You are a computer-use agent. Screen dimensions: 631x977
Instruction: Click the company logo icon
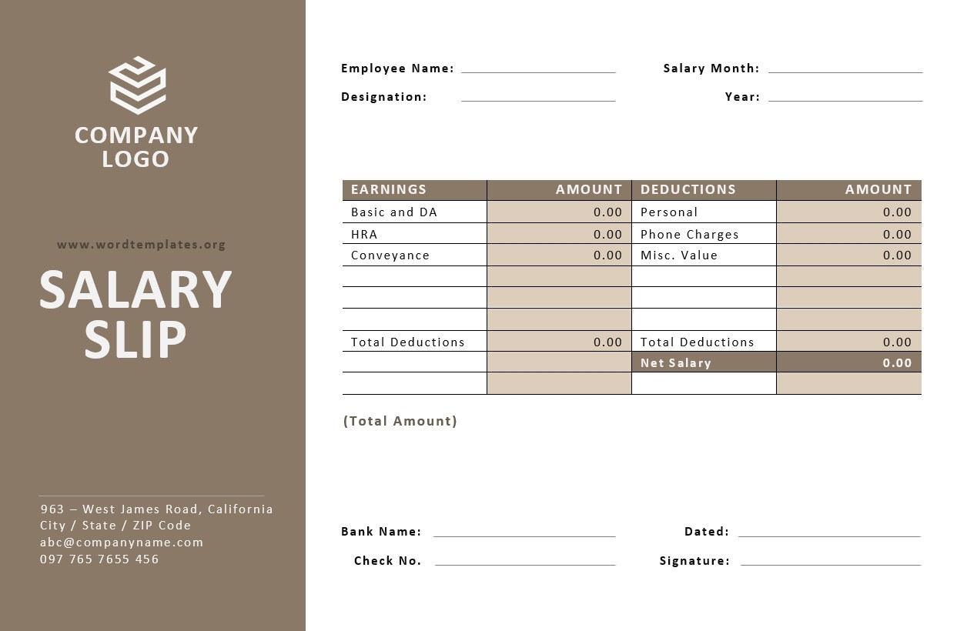pos(137,84)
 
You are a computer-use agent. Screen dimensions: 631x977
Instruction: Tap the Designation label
pos(383,97)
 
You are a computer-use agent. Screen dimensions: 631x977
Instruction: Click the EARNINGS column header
pos(389,189)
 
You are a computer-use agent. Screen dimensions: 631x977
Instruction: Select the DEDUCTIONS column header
pos(688,189)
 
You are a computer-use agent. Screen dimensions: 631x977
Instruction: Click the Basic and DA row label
pos(394,212)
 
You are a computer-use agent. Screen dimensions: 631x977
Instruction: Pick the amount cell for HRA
pos(559,234)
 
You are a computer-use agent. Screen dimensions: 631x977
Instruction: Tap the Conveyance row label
pos(390,255)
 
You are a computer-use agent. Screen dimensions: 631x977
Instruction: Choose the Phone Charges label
pos(689,234)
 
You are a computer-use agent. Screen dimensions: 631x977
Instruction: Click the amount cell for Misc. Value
pos(848,255)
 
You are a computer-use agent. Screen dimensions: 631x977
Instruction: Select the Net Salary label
pos(675,362)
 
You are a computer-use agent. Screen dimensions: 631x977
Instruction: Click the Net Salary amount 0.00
pos(897,362)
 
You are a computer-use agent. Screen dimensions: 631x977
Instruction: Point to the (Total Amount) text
pos(400,421)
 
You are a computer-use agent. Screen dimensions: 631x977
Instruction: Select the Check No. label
pos(387,561)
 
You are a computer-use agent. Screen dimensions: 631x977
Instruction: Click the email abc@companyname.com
pos(122,543)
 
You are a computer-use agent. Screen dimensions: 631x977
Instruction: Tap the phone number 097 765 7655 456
pos(99,559)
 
